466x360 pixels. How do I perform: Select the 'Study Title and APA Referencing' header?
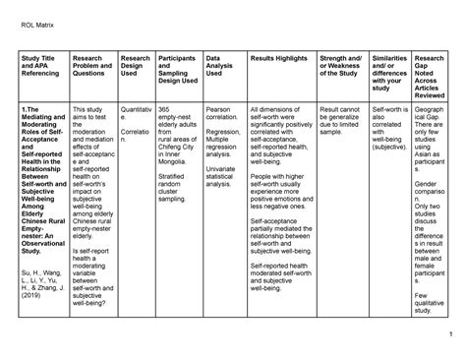39,72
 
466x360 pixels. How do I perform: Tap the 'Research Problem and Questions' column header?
93,72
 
